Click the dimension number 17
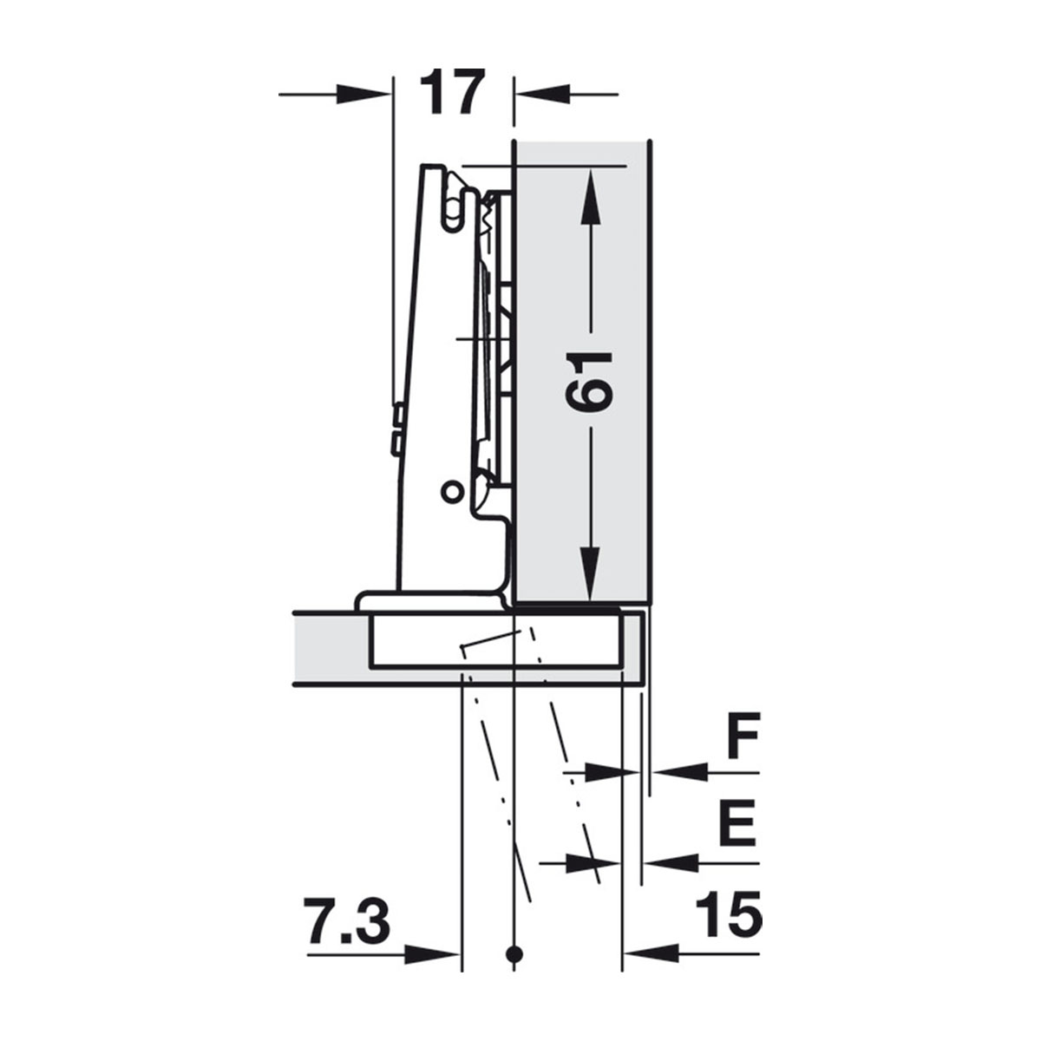[x=450, y=91]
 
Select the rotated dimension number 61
[x=589, y=383]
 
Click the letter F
[x=743, y=737]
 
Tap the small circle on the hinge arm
[x=452, y=491]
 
